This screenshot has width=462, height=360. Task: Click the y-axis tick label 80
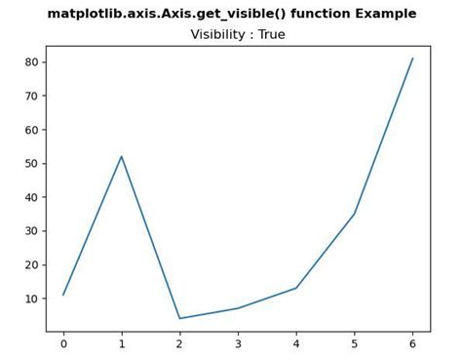tap(32, 61)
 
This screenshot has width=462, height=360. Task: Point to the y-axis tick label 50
tap(32, 163)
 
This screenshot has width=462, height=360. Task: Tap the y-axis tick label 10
tap(32, 298)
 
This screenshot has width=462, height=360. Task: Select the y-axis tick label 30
tap(32, 230)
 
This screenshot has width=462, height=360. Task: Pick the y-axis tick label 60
tap(32, 129)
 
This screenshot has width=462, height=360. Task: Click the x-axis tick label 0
tap(63, 344)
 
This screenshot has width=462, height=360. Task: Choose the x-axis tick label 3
tap(238, 344)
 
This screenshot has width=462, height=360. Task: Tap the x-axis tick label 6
tap(412, 344)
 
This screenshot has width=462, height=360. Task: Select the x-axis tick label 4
tap(296, 344)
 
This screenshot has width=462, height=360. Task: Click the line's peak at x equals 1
tap(122, 156)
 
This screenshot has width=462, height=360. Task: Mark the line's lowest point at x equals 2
tap(179, 318)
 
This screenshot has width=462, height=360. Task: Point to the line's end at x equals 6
tap(412, 59)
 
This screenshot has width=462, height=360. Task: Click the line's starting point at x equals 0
tap(63, 295)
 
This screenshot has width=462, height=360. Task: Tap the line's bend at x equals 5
tap(354, 214)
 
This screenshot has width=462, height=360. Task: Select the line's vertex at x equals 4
tap(296, 288)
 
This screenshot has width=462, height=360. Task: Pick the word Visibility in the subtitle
tap(218, 35)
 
